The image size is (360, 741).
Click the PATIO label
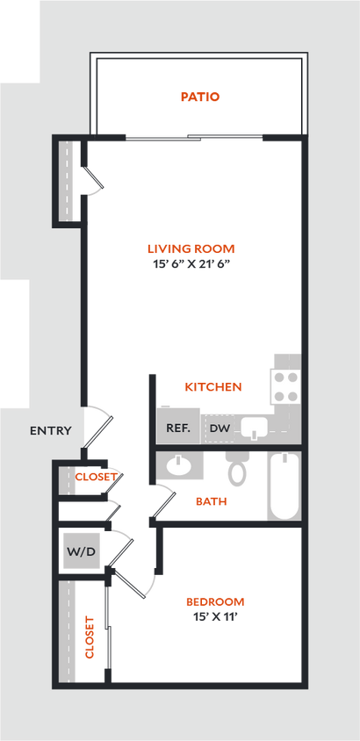pos(200,97)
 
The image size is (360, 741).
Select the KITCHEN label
pos(213,386)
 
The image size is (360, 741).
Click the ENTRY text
pos(50,430)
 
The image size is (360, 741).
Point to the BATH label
pos(212,501)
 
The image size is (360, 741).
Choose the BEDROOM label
pos(215,601)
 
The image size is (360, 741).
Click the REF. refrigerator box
pos(179,428)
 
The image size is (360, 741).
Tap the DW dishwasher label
pos(220,428)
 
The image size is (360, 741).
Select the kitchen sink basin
pos(256,428)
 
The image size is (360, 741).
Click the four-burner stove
pos(285,385)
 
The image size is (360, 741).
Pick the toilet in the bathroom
pos(236,470)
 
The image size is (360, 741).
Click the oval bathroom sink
pos(181,465)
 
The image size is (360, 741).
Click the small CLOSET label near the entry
pos(96,477)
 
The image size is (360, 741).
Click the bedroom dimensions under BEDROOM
pos(215,615)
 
